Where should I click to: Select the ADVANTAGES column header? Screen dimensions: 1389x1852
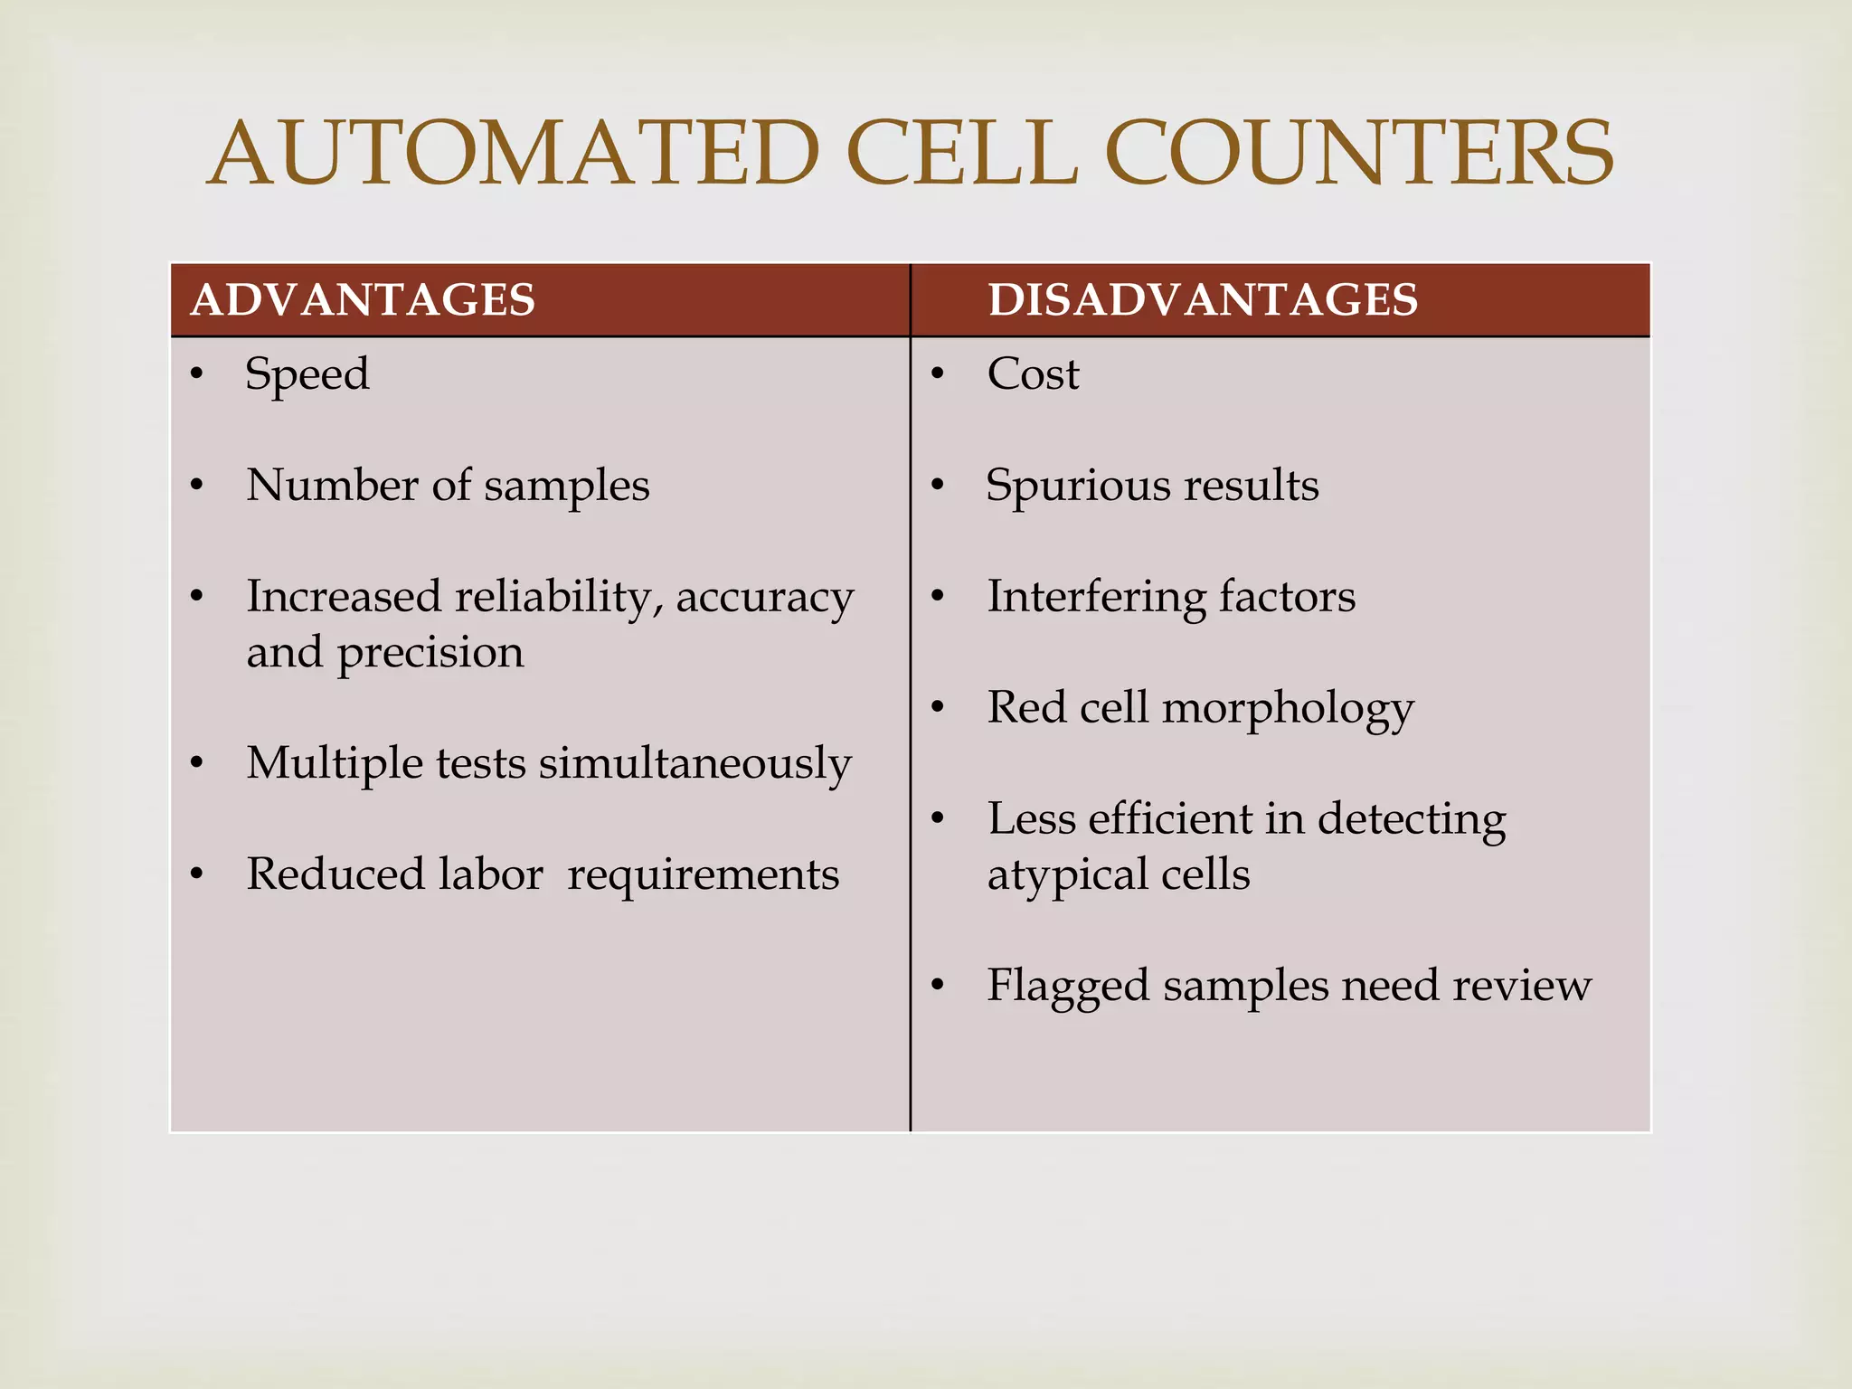coord(363,300)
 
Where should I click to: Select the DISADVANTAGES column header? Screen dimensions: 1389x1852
coord(1203,300)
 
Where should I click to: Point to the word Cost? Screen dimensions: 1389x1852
coord(1033,374)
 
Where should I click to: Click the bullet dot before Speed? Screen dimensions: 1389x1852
coord(196,374)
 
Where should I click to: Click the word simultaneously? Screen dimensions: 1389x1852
coord(695,764)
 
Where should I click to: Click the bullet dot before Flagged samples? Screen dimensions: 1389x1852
coord(938,986)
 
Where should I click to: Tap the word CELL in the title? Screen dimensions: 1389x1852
coord(962,154)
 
